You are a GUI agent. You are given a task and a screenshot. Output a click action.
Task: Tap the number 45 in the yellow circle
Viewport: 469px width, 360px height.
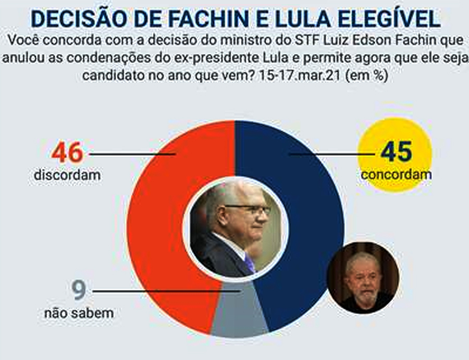396,152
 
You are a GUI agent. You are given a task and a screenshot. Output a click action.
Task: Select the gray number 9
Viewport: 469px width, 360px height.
78,291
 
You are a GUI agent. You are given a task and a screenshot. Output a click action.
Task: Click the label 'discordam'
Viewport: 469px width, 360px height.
67,175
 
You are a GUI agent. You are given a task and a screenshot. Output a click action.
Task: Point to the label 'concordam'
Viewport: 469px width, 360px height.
396,174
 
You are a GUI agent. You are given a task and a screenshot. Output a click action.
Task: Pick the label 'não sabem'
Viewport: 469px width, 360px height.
78,314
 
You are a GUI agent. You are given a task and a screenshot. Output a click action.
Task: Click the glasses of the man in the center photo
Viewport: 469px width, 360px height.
254,210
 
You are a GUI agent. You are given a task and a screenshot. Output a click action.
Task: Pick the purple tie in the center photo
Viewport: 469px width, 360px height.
250,263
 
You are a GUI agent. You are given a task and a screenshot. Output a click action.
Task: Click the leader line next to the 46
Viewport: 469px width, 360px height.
132,154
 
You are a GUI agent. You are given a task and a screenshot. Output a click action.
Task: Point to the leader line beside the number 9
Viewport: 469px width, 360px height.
166,291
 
